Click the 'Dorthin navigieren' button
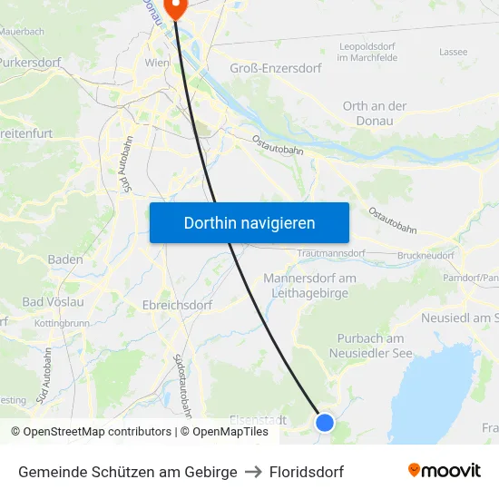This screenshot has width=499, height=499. pyautogui.click(x=249, y=222)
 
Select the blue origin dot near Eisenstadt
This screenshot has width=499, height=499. pyautogui.click(x=324, y=422)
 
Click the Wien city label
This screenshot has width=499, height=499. pyautogui.click(x=157, y=63)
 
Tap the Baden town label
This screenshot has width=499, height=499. pyautogui.click(x=65, y=259)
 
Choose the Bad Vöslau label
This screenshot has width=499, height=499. pyautogui.click(x=53, y=301)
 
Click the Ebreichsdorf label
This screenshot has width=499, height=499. pyautogui.click(x=177, y=305)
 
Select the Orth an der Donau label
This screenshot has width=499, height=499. pyautogui.click(x=374, y=113)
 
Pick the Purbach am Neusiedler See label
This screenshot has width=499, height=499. pyautogui.click(x=370, y=345)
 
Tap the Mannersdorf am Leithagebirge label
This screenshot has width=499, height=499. pyautogui.click(x=309, y=285)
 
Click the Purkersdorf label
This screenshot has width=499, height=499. pyautogui.click(x=29, y=63)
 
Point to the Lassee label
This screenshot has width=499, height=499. pyautogui.click(x=453, y=52)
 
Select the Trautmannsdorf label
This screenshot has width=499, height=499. pyautogui.click(x=330, y=253)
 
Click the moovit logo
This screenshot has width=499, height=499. pyautogui.click(x=444, y=471)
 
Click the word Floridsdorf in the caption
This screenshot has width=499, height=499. pyautogui.click(x=307, y=472)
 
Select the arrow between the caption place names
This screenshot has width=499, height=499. pyautogui.click(x=253, y=472)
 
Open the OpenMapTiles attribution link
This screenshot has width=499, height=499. pyautogui.click(x=230, y=432)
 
